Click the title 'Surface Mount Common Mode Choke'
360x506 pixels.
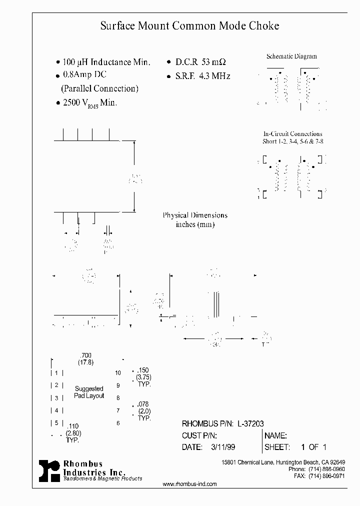[x=189, y=25]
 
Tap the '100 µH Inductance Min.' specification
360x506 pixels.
[x=106, y=62]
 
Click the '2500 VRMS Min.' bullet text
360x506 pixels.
[x=89, y=102]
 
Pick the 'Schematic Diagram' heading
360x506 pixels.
[x=291, y=56]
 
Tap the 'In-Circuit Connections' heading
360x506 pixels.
[x=292, y=134]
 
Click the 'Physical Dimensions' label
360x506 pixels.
[x=195, y=215]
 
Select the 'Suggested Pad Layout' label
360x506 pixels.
[x=89, y=392]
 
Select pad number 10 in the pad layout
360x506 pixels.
[x=118, y=373]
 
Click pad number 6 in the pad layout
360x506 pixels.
[x=118, y=423]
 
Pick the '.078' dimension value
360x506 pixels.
[x=143, y=403]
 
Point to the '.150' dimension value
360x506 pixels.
[x=143, y=370]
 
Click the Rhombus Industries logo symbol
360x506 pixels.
[x=49, y=470]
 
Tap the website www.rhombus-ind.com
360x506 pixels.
[x=190, y=484]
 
